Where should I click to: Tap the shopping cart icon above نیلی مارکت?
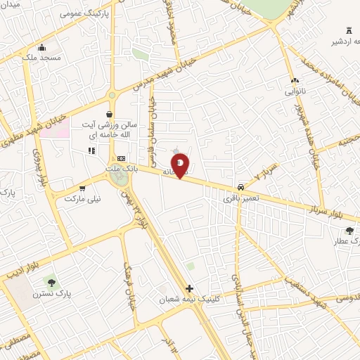click(83, 188)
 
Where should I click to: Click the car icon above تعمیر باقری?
click(241, 188)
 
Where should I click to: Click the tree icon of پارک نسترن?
click(49, 283)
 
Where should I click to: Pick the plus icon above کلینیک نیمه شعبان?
click(188, 288)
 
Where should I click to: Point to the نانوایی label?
click(294, 91)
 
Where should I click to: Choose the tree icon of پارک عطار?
click(349, 230)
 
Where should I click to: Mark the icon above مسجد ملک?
click(42, 47)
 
